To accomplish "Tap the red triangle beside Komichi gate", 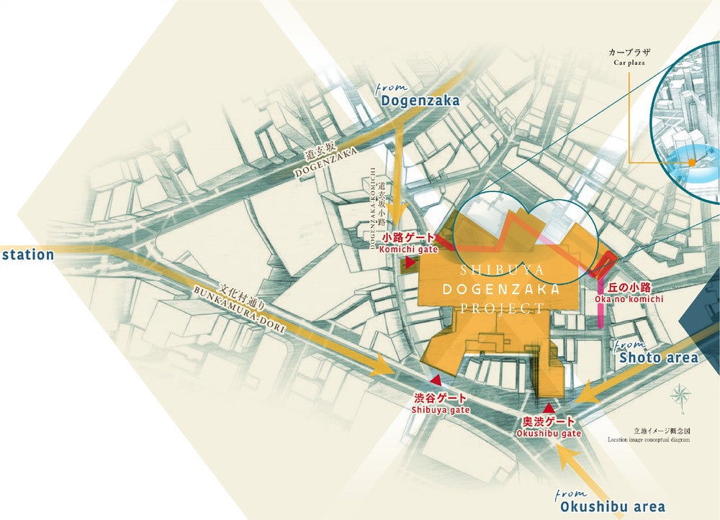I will pyautogui.click(x=410, y=264).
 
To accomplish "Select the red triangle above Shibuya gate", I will pyautogui.click(x=435, y=380).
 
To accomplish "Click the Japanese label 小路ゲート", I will pyautogui.click(x=408, y=238).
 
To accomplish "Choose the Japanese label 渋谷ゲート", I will pyautogui.click(x=440, y=398).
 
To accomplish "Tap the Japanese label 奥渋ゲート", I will pyautogui.click(x=549, y=421).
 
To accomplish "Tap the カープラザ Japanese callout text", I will pyautogui.click(x=628, y=53).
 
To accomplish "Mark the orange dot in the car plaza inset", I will pyautogui.click(x=692, y=163).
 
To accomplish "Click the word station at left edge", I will pyautogui.click(x=27, y=255).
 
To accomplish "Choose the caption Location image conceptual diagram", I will pyautogui.click(x=648, y=439).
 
